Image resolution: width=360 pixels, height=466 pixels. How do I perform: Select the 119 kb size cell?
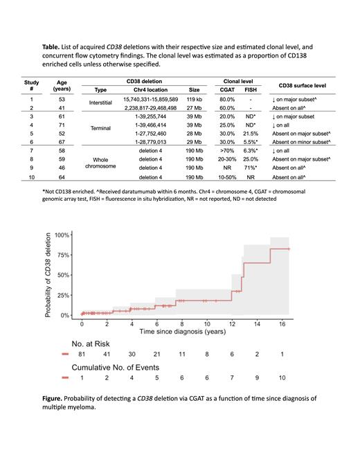pyautogui.click(x=194, y=100)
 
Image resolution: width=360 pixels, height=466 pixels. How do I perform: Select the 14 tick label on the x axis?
pyautogui.click(x=257, y=323)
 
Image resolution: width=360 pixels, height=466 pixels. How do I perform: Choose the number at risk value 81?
pyautogui.click(x=82, y=355)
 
